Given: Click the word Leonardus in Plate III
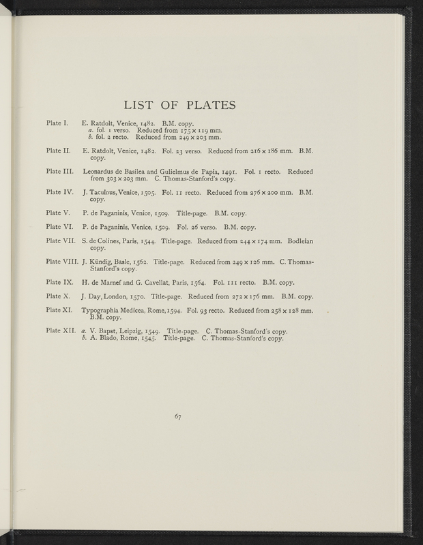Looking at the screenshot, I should click(x=100, y=172).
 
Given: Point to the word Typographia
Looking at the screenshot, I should click(x=103, y=311).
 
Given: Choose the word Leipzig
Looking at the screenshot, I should click(x=132, y=331).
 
